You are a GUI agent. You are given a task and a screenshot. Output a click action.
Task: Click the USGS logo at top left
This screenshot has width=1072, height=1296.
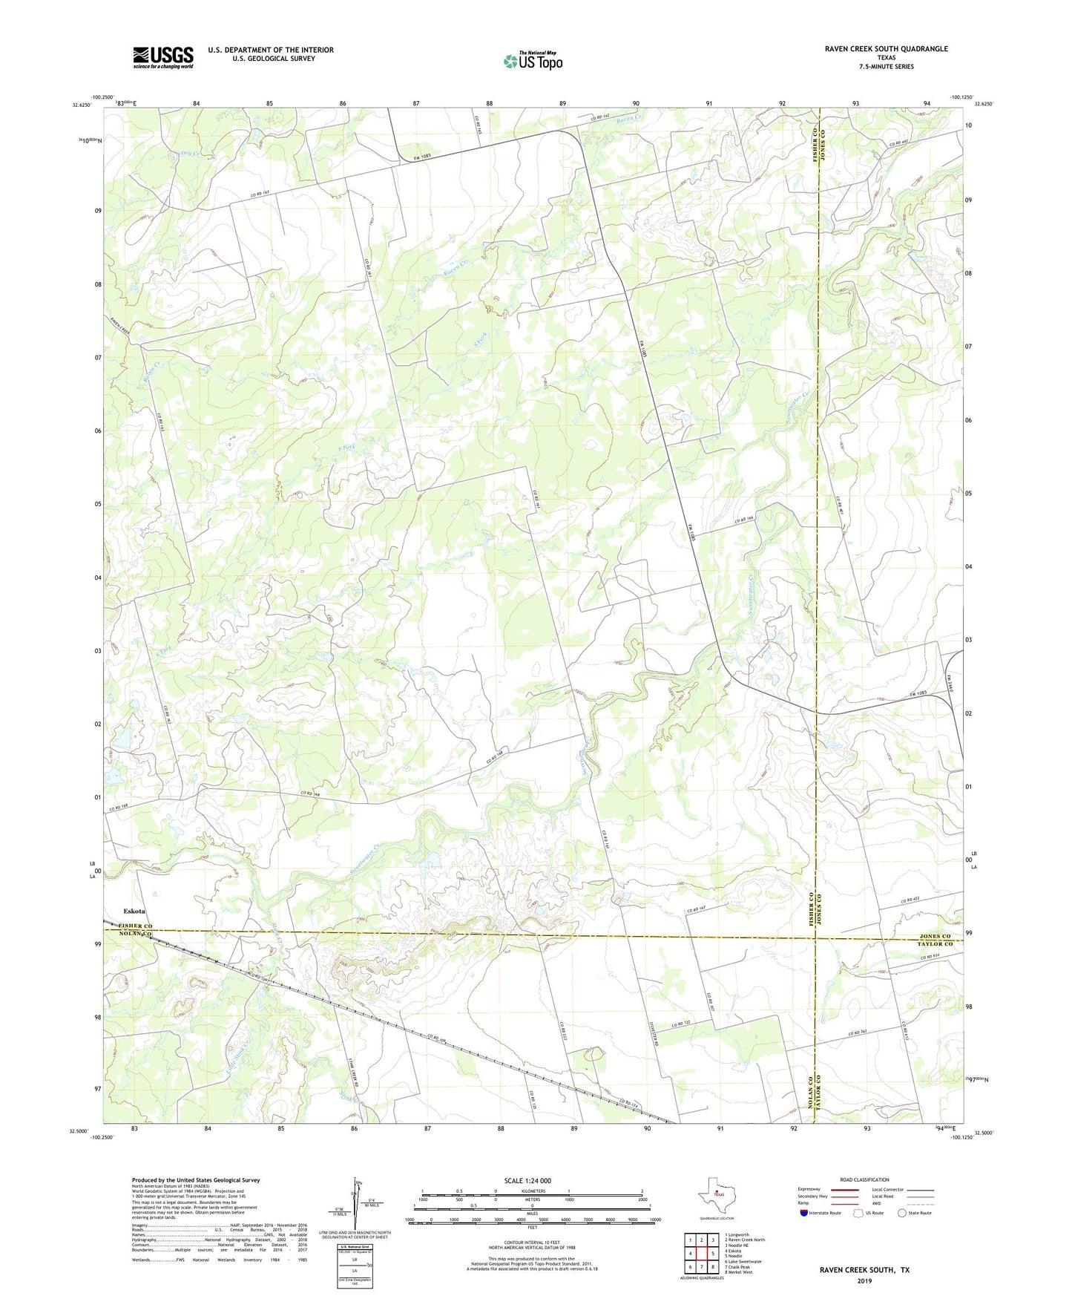click(163, 57)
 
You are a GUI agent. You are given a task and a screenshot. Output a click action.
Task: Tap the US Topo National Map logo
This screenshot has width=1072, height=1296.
click(533, 61)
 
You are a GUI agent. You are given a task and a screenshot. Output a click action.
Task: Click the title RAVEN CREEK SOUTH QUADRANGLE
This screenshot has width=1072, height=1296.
click(886, 49)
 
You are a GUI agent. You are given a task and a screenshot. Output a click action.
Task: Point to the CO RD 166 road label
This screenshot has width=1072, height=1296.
click(749, 520)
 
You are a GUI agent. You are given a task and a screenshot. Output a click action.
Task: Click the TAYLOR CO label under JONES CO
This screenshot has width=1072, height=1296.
click(935, 943)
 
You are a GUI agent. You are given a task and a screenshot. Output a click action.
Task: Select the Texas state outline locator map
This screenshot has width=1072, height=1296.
click(716, 1196)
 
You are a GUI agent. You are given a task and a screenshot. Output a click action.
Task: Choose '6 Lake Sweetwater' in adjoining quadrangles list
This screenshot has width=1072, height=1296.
click(743, 1261)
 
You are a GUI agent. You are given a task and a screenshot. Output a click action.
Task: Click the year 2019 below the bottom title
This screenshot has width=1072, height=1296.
click(864, 1280)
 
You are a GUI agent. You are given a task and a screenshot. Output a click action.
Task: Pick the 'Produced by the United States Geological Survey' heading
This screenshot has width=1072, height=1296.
click(196, 1179)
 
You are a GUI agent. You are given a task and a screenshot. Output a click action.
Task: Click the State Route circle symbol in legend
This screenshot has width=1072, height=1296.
click(902, 1213)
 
